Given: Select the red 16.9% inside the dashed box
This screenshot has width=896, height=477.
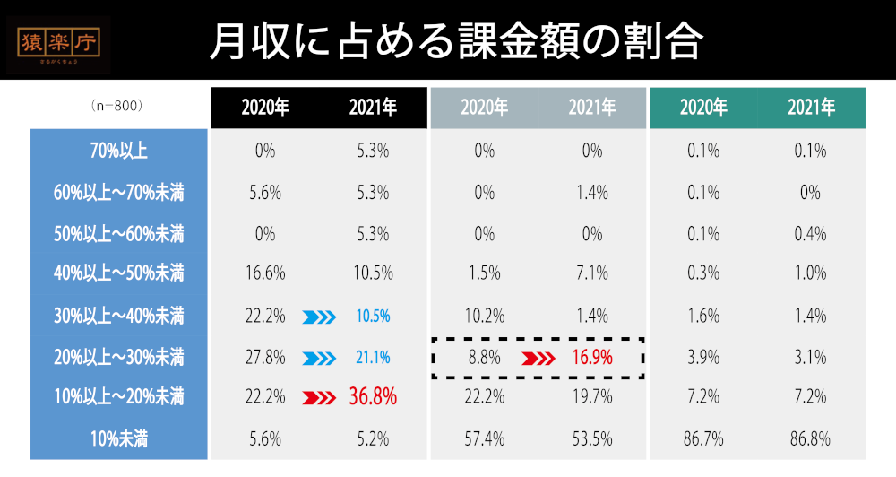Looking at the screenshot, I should pos(592,358).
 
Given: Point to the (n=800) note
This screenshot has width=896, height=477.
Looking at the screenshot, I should pos(117,106).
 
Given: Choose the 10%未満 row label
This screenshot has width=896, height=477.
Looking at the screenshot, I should pos(118,439).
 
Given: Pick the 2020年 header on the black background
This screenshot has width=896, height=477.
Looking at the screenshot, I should pos(264,108).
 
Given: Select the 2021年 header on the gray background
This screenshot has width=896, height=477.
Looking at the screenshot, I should pos(592,108).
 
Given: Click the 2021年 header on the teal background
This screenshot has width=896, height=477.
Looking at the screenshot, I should pos(811,108).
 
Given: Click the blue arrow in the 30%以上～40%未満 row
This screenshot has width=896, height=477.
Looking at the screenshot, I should pos(319,316).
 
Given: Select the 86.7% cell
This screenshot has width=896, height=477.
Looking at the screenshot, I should pos(703,439).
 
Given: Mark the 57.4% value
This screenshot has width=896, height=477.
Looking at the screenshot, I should pos(484,439).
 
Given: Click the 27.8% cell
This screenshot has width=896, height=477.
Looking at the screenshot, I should pos(264,358).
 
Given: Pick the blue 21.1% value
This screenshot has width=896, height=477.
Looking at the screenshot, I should pos(373,358).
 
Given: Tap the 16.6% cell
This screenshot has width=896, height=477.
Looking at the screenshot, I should pos(264,273).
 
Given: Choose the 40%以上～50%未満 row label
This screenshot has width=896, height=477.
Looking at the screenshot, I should pos(118,273).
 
